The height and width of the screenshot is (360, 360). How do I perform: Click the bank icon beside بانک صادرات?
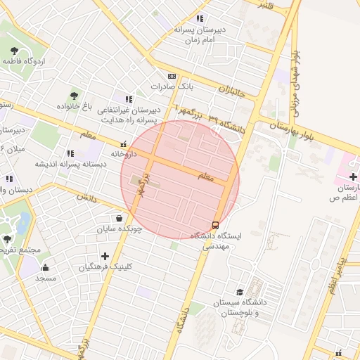tap(172, 76)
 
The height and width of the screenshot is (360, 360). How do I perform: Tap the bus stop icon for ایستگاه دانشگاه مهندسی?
tap(214, 225)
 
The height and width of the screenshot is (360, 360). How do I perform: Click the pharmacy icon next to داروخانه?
tap(124, 143)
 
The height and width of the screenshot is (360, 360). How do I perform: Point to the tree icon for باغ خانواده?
tap(75, 96)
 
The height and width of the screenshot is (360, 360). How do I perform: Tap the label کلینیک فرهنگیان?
tap(105, 267)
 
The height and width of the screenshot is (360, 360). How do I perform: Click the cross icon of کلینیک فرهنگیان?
tap(105, 256)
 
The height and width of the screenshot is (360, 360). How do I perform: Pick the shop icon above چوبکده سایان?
tap(119, 217)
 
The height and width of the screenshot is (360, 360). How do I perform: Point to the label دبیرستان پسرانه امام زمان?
tap(199, 35)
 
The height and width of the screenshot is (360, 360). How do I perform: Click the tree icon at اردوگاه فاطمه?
tap(15, 50)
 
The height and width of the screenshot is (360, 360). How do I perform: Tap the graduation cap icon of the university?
tap(239, 292)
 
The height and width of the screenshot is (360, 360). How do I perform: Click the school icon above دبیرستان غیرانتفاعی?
tap(128, 99)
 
